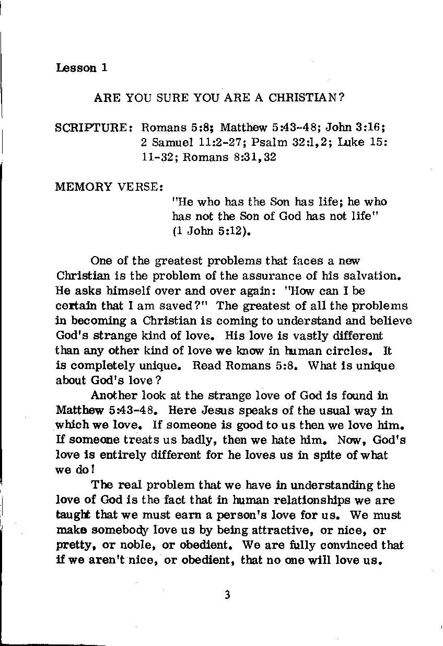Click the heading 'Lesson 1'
click(81, 68)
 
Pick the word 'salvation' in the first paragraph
click(366, 275)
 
